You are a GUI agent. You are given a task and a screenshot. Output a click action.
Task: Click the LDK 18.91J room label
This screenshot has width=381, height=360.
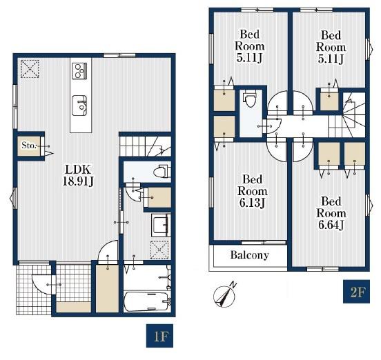tap(78, 175)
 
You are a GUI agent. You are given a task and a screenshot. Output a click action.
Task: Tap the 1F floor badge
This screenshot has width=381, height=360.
tap(159, 336)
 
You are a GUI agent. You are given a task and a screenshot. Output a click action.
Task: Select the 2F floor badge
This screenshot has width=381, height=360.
tap(356, 292)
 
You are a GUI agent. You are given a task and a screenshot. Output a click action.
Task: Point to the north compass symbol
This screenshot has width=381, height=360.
tap(225, 294)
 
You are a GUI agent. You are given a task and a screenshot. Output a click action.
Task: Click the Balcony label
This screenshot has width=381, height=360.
tap(250, 255)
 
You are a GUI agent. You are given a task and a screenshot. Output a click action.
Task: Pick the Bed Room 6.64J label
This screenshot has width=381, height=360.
tap(331, 213)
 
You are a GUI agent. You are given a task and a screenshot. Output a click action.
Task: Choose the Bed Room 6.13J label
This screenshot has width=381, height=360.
tap(252, 191)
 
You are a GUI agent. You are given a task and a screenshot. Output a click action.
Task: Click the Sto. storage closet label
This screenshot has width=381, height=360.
tap(29, 146)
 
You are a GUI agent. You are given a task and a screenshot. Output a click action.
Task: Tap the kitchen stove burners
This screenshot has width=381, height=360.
tap(79, 70)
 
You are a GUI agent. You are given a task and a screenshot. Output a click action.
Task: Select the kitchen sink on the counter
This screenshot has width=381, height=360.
tap(79, 106)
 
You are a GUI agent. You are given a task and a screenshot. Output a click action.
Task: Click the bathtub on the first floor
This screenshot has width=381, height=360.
tap(146, 301)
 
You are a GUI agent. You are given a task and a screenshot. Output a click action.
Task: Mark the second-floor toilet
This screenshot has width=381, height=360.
tap(249, 99)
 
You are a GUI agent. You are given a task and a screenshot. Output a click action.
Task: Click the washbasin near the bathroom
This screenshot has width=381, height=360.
tap(161, 225)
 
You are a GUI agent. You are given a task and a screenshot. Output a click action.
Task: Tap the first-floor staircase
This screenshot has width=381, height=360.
tap(145, 146)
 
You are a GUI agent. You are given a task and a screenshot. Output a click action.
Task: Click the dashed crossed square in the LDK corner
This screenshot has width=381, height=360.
tap(30, 69)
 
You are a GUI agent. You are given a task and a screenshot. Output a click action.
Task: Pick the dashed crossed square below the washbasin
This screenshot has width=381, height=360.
tap(159, 250)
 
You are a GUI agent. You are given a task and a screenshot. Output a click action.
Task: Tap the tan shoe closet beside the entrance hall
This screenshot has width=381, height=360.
tap(107, 288)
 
